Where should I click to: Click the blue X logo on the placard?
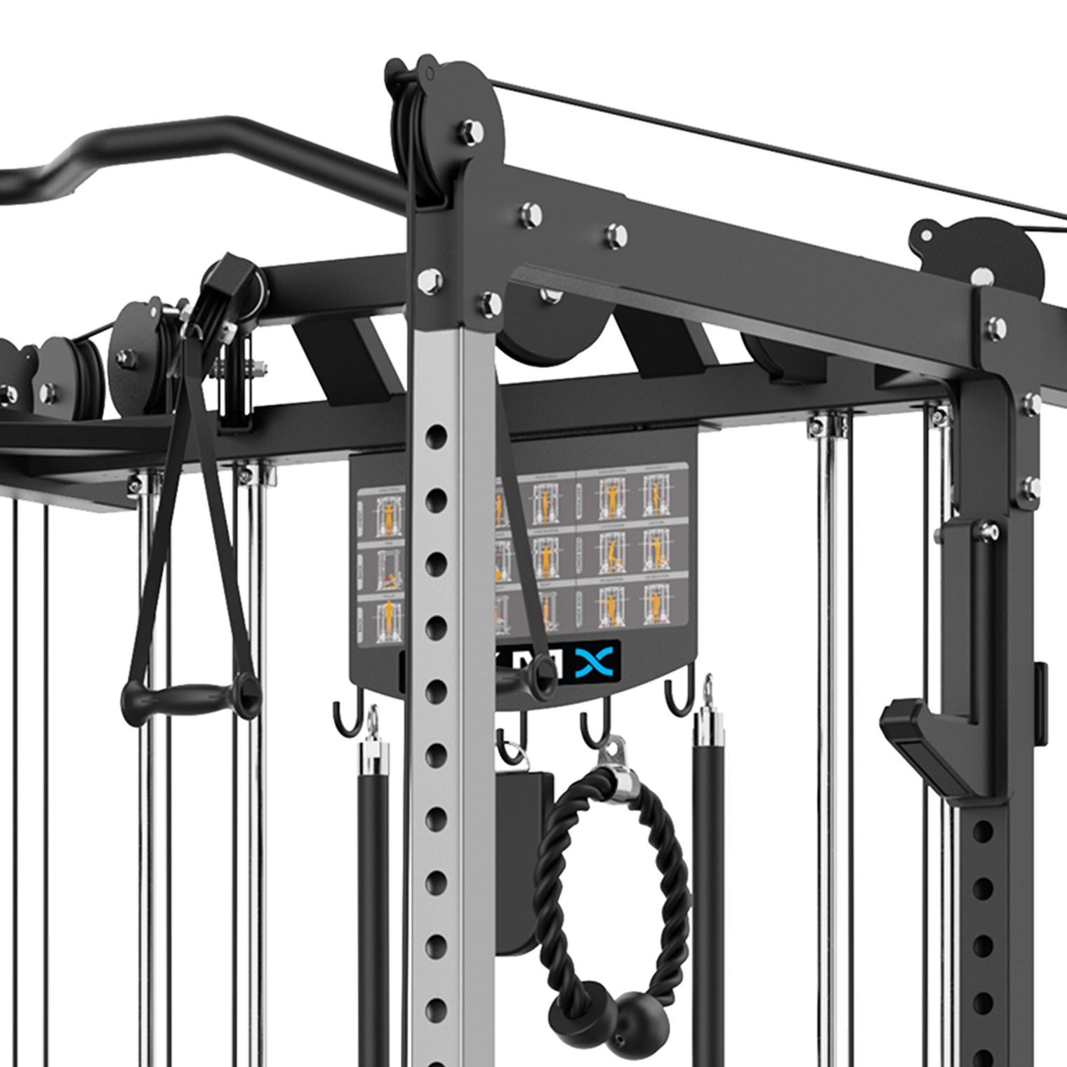595,661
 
